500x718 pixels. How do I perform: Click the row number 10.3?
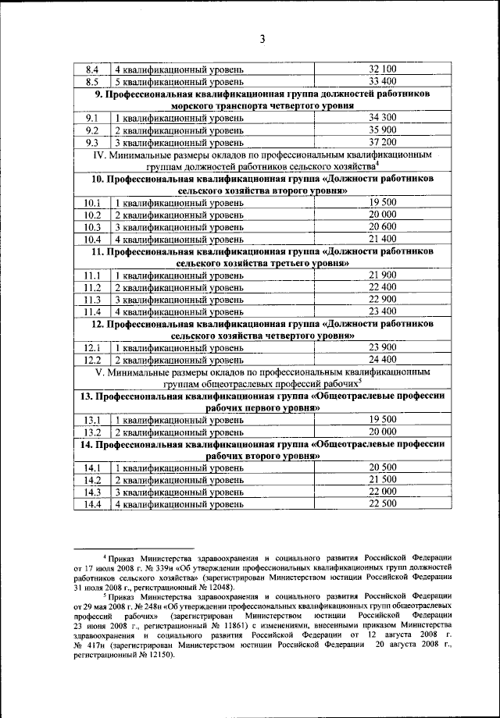tap(92, 226)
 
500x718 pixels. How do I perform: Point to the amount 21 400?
tap(383, 238)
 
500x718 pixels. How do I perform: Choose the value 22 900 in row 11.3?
tap(383, 300)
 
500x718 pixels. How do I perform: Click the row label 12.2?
tap(92, 360)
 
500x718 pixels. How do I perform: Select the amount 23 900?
tap(383, 348)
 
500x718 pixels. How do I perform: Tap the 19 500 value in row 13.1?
tap(383, 419)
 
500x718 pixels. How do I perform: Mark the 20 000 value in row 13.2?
tap(383, 432)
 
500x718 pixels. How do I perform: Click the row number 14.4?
tap(92, 504)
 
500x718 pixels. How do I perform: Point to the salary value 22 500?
tap(383, 504)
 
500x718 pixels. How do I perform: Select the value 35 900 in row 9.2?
tap(383, 130)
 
